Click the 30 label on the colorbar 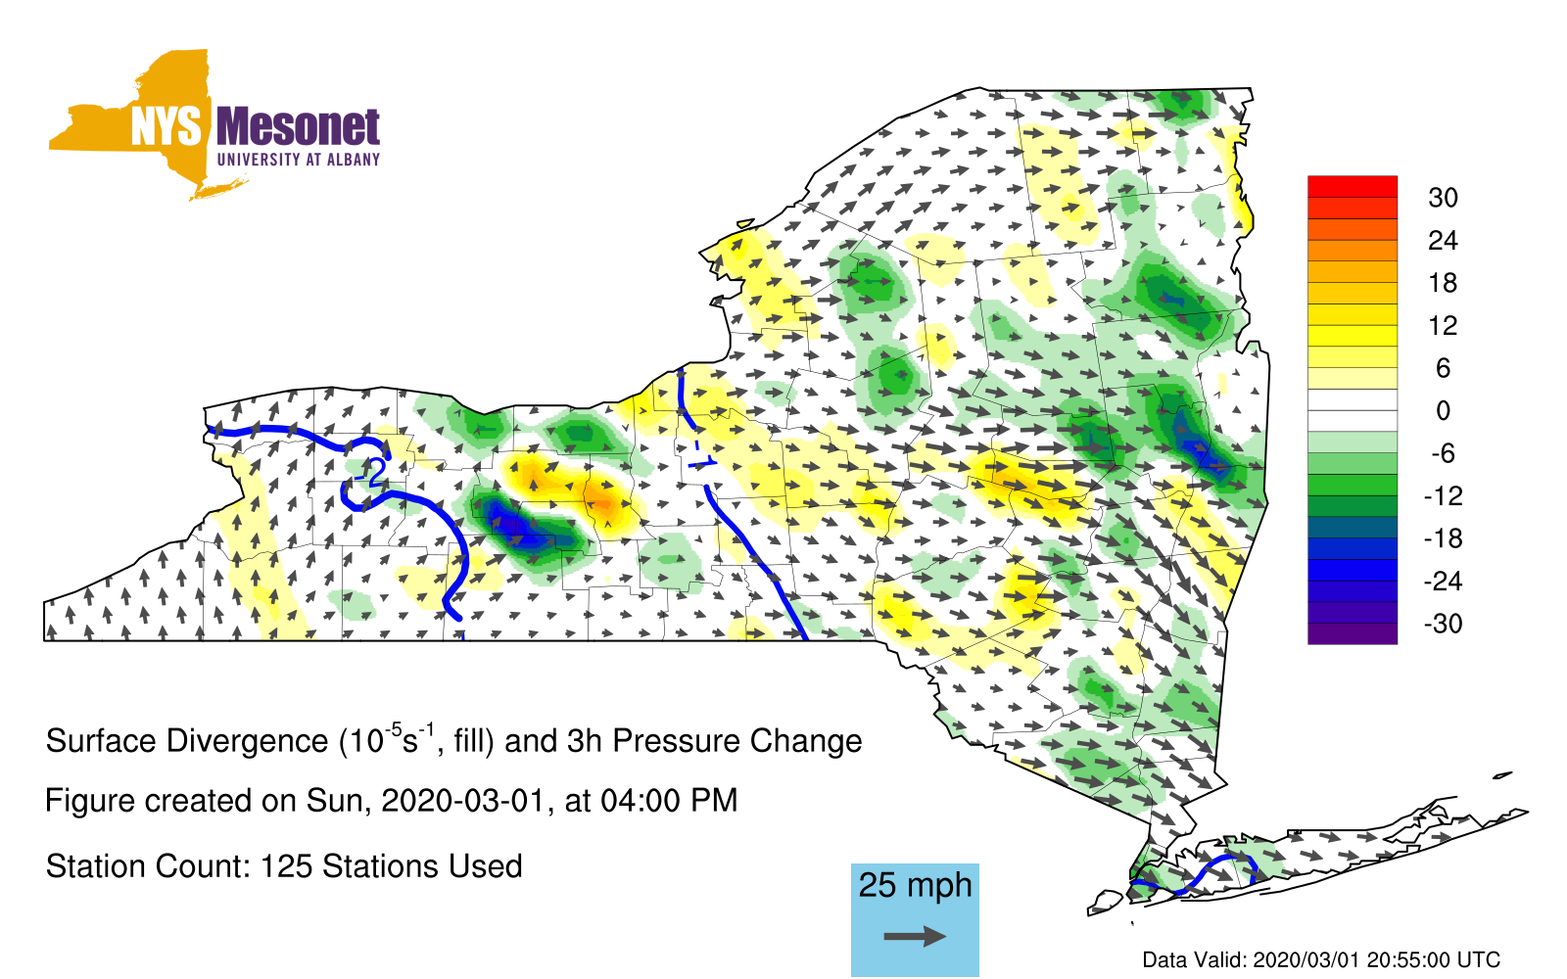(1443, 198)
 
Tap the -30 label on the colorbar (1443, 623)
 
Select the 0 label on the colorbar (1443, 410)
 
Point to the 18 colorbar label (1443, 283)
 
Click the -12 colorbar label (1443, 495)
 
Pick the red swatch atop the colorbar (1353, 187)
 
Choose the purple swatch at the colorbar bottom (1353, 633)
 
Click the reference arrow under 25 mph (915, 936)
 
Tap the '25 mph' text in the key (915, 885)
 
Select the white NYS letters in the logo (166, 126)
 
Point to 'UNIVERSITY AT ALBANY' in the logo (299, 160)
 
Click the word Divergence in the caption (247, 741)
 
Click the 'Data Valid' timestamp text (1321, 960)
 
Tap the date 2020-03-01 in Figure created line (462, 801)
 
